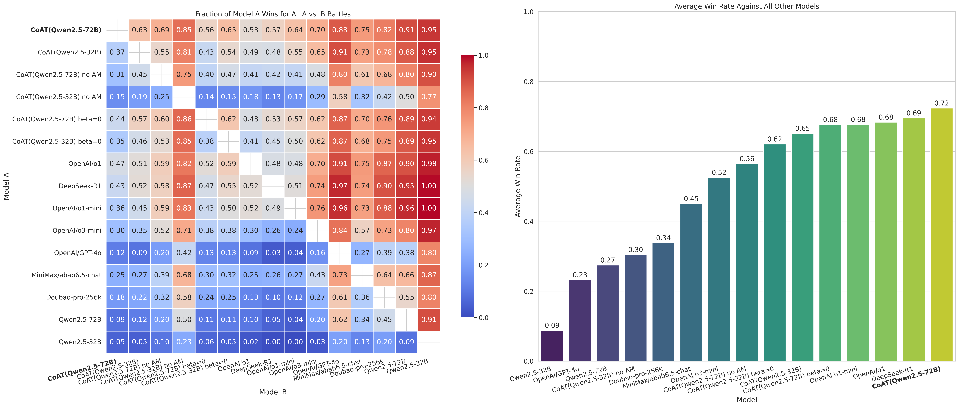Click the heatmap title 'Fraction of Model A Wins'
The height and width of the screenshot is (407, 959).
273,14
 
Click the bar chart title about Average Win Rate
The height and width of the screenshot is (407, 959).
746,6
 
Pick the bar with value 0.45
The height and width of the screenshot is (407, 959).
691,282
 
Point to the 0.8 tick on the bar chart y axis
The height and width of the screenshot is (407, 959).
529,82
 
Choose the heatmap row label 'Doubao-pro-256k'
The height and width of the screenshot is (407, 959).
74,297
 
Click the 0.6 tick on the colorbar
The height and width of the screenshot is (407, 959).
483,160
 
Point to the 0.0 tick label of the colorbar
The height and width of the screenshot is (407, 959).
483,318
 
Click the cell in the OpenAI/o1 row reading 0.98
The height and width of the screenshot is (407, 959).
429,164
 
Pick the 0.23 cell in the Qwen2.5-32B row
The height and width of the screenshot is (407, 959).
184,342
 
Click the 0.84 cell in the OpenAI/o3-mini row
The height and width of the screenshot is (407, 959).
340,230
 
